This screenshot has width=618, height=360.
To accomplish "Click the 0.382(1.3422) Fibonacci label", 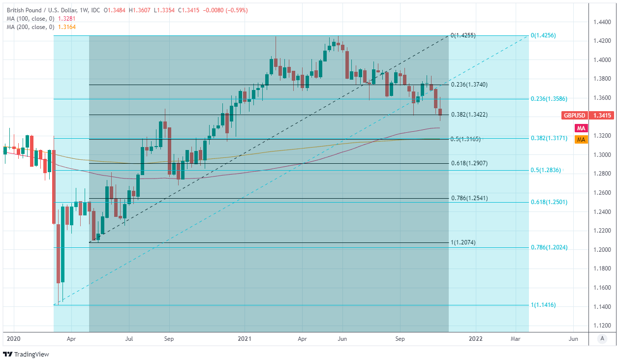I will pyautogui.click(x=469, y=115).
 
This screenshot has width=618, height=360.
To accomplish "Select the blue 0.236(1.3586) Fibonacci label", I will pyautogui.click(x=549, y=99).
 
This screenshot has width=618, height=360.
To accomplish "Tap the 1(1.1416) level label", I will pyautogui.click(x=543, y=305).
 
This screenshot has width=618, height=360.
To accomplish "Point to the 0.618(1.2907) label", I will pyautogui.click(x=469, y=163).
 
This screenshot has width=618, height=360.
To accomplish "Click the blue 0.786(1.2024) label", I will pyautogui.click(x=549, y=248).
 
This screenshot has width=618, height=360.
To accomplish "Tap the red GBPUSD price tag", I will pyautogui.click(x=575, y=116).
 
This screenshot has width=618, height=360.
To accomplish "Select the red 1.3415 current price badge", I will pyautogui.click(x=602, y=116).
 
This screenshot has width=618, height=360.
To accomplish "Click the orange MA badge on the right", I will pyautogui.click(x=581, y=140).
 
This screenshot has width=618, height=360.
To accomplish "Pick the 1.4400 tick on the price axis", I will pyautogui.click(x=602, y=22).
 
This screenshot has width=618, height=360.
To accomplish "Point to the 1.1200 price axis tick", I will pyautogui.click(x=602, y=326).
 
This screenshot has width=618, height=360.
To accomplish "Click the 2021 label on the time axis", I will pyautogui.click(x=245, y=339).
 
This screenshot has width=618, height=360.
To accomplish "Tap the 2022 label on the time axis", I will pyautogui.click(x=475, y=339).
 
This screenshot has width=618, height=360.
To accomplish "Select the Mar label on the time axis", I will pyautogui.click(x=515, y=339).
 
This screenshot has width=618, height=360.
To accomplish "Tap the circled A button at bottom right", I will pyautogui.click(x=602, y=338).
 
